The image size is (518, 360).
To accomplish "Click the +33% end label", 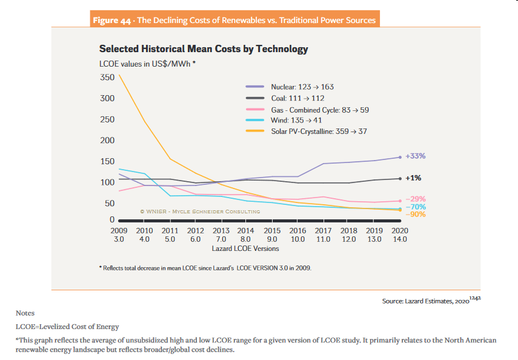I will point(416,156).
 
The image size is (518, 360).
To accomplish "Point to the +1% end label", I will point(413,178).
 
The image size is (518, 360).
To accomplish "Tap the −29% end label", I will point(416,199).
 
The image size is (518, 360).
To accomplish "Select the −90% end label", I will point(416,215).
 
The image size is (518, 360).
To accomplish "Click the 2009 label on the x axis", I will point(119,231).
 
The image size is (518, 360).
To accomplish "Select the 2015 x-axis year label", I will point(272,231).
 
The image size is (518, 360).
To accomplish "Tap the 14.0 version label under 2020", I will point(400,239).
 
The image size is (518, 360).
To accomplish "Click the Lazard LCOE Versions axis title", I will point(245,248).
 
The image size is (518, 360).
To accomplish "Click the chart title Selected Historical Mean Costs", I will point(204,49).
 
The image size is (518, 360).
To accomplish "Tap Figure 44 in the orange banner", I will point(113,21).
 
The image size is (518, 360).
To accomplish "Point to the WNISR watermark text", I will point(199,212).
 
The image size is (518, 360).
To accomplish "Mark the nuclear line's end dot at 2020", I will point(400,157).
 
